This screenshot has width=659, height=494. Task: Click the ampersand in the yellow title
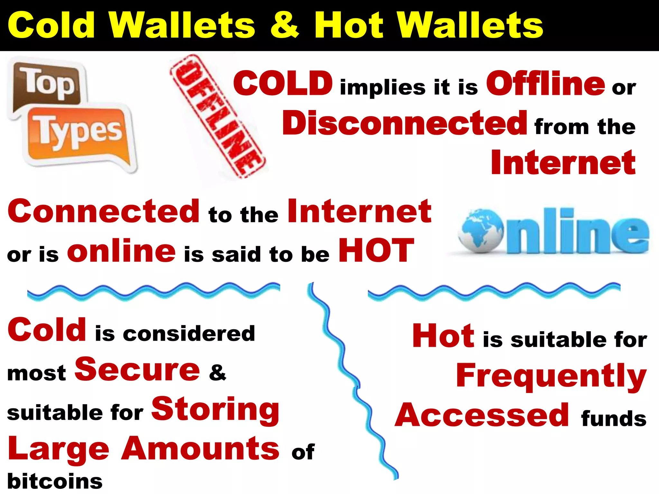point(284,25)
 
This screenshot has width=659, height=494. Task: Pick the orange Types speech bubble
point(79,135)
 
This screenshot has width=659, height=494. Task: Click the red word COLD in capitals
point(283,83)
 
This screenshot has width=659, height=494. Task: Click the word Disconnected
point(404,123)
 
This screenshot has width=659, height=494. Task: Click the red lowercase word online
point(121,251)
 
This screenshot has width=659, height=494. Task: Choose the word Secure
point(137,370)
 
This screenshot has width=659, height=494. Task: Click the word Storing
point(215,410)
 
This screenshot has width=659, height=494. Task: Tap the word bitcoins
point(55,481)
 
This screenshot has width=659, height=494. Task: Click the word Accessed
point(482,415)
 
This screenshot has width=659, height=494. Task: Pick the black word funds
point(614,418)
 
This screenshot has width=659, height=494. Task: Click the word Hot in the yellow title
point(349,25)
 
